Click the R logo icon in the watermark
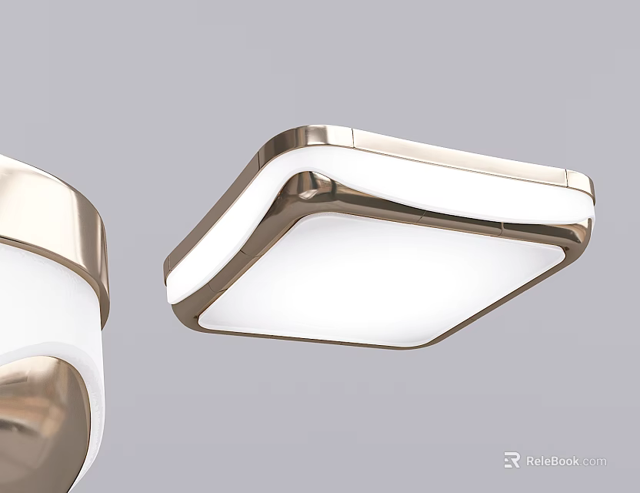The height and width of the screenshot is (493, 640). click(512, 460)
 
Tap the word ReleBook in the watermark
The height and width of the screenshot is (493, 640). click(553, 461)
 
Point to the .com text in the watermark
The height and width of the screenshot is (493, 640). click(594, 461)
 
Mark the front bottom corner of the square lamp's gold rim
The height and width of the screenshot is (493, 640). click(415, 344)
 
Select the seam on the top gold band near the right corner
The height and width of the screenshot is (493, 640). click(567, 178)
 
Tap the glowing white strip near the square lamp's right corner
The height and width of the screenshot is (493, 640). click(554, 206)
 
